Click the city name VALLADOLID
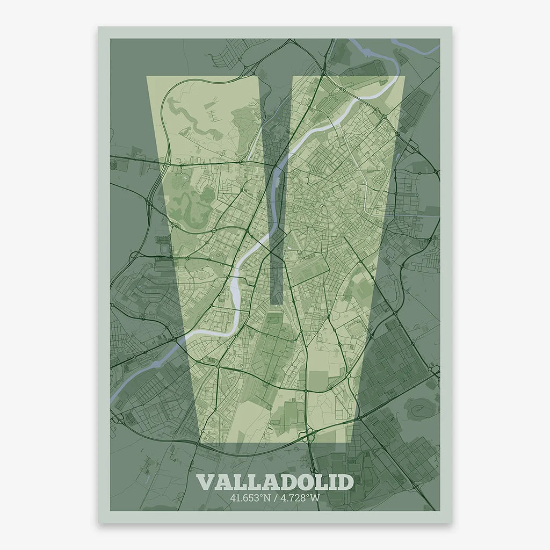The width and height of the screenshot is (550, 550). coord(275,482)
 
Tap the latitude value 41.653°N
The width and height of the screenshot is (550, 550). coord(249,497)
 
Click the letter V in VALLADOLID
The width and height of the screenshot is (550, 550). coord(206,482)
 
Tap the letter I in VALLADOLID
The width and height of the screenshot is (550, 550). coord(332,482)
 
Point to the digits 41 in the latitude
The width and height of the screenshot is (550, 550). coord(234,497)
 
